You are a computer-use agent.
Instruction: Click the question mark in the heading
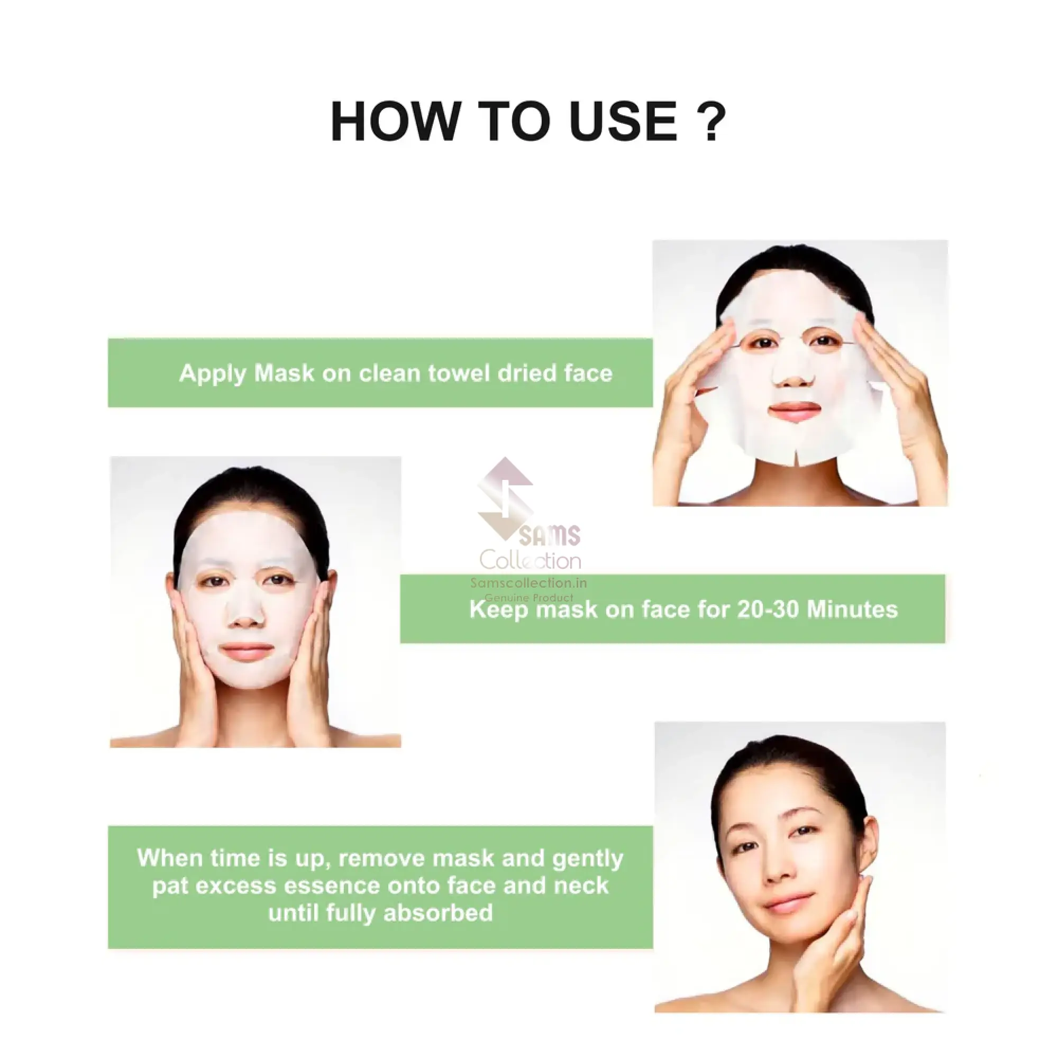tap(712, 121)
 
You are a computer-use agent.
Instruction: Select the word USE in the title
tap(623, 121)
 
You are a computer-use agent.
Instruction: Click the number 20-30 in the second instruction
tap(768, 610)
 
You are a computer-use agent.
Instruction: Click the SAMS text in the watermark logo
tap(549, 535)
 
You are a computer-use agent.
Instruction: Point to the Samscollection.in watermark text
tap(528, 583)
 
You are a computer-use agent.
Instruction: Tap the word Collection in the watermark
tap(530, 560)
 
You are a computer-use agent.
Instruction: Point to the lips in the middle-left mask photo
tap(247, 652)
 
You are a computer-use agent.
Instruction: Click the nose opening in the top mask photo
tap(793, 375)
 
